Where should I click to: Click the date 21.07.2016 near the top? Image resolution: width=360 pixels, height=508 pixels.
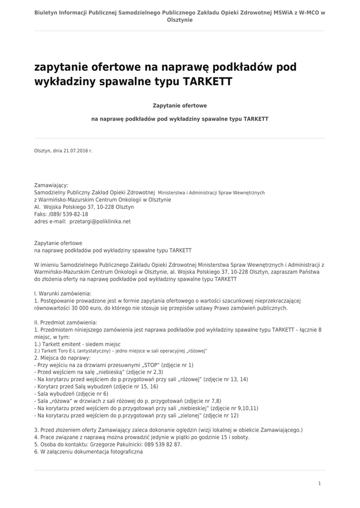(x=75, y=150)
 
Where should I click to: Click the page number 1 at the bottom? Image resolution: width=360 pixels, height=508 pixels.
(x=319, y=483)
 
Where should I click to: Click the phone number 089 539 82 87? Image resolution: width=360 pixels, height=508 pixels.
(x=162, y=444)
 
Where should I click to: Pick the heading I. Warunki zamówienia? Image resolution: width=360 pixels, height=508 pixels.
(x=63, y=294)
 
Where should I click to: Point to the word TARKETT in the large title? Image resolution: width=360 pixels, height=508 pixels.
(x=208, y=81)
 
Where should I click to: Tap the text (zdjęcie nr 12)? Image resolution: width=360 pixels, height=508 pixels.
(x=221, y=415)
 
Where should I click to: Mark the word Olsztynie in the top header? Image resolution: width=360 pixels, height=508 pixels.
(x=180, y=20)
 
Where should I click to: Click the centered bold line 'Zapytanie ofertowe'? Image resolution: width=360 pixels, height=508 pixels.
(x=180, y=106)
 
